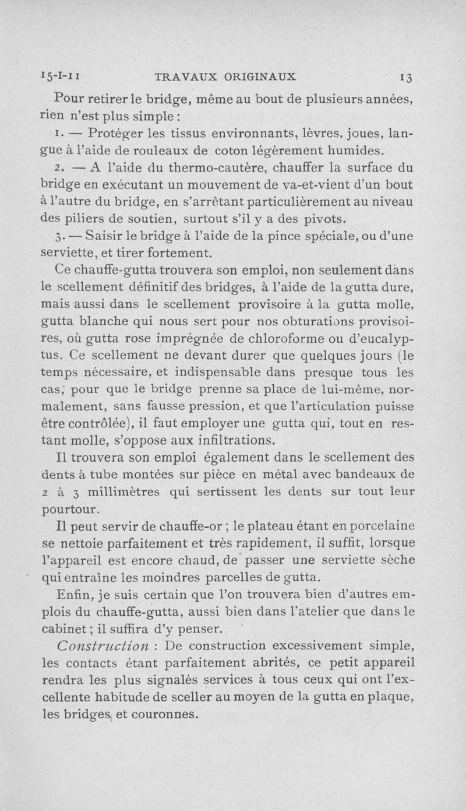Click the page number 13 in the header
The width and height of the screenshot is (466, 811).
point(406,77)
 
